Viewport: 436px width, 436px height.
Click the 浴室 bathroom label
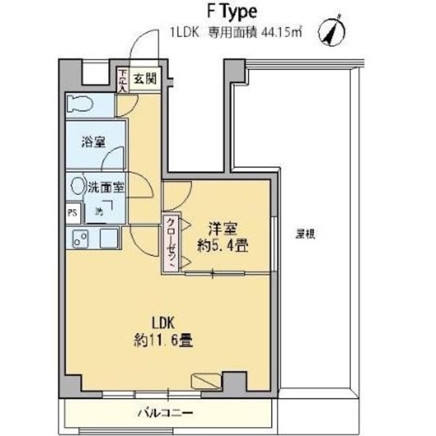(90, 142)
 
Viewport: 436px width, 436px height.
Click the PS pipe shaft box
(73, 213)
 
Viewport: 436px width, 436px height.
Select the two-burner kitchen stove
(81, 239)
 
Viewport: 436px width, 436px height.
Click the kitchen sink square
(108, 239)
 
